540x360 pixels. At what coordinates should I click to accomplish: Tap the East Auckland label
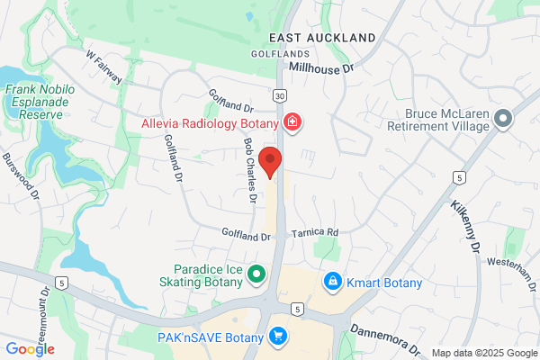pyautogui.click(x=321, y=38)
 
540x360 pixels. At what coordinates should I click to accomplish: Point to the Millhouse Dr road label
pyautogui.click(x=324, y=67)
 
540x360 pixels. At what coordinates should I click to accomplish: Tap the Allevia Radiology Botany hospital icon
pyautogui.click(x=292, y=121)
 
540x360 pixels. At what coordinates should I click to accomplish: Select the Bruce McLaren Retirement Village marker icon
pyautogui.click(x=502, y=118)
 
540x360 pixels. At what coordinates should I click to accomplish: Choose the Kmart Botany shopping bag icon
pyautogui.click(x=334, y=283)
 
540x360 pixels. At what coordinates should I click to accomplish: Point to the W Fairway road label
pyautogui.click(x=105, y=68)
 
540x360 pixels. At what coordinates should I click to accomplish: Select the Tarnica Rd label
pyautogui.click(x=315, y=232)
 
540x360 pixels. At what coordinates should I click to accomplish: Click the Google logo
pyautogui.click(x=30, y=349)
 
